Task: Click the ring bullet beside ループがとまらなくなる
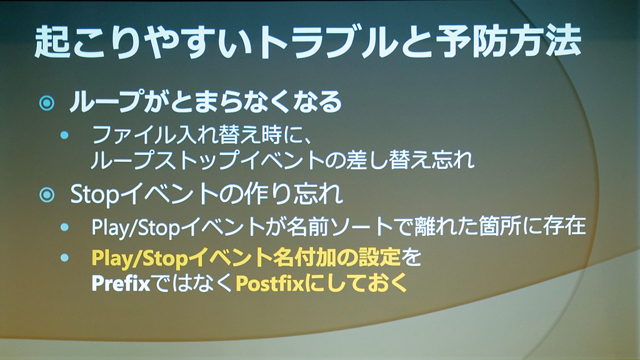[x=47, y=103]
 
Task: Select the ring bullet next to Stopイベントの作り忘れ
[x=47, y=195]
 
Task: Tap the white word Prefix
[x=121, y=283]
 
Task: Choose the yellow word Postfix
[x=270, y=283]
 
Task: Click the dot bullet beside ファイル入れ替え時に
[x=64, y=135]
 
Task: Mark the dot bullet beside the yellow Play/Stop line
[x=64, y=257]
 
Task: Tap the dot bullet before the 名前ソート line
[x=64, y=227]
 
